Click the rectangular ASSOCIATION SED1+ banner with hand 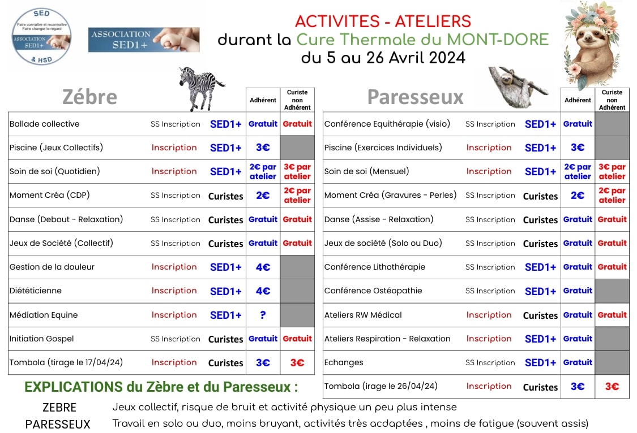click(x=144, y=40)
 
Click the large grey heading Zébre click(x=89, y=97)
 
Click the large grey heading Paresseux click(x=415, y=97)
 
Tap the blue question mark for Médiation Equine click(x=263, y=315)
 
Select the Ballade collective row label click(x=45, y=124)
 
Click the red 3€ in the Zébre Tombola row click(x=297, y=362)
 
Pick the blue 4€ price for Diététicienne click(x=263, y=291)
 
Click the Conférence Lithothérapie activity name click(x=375, y=267)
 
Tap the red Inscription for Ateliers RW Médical click(x=489, y=315)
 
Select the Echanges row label click(x=344, y=362)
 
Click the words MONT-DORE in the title click(x=498, y=40)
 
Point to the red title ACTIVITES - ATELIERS click(x=383, y=21)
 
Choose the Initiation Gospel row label click(x=42, y=339)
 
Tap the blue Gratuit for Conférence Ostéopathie click(x=578, y=291)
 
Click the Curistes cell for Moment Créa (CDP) click(x=225, y=196)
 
